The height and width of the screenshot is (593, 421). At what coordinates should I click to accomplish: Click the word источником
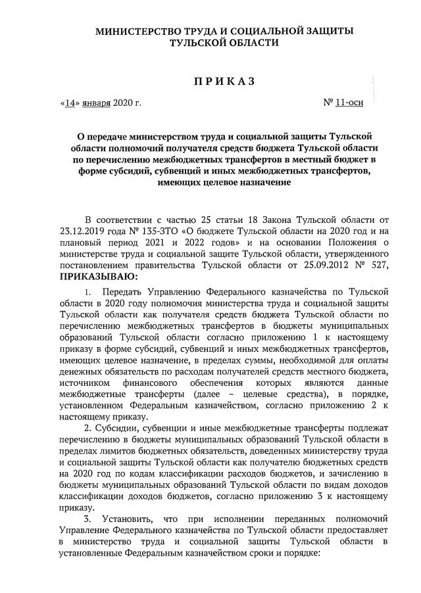(x=84, y=382)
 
